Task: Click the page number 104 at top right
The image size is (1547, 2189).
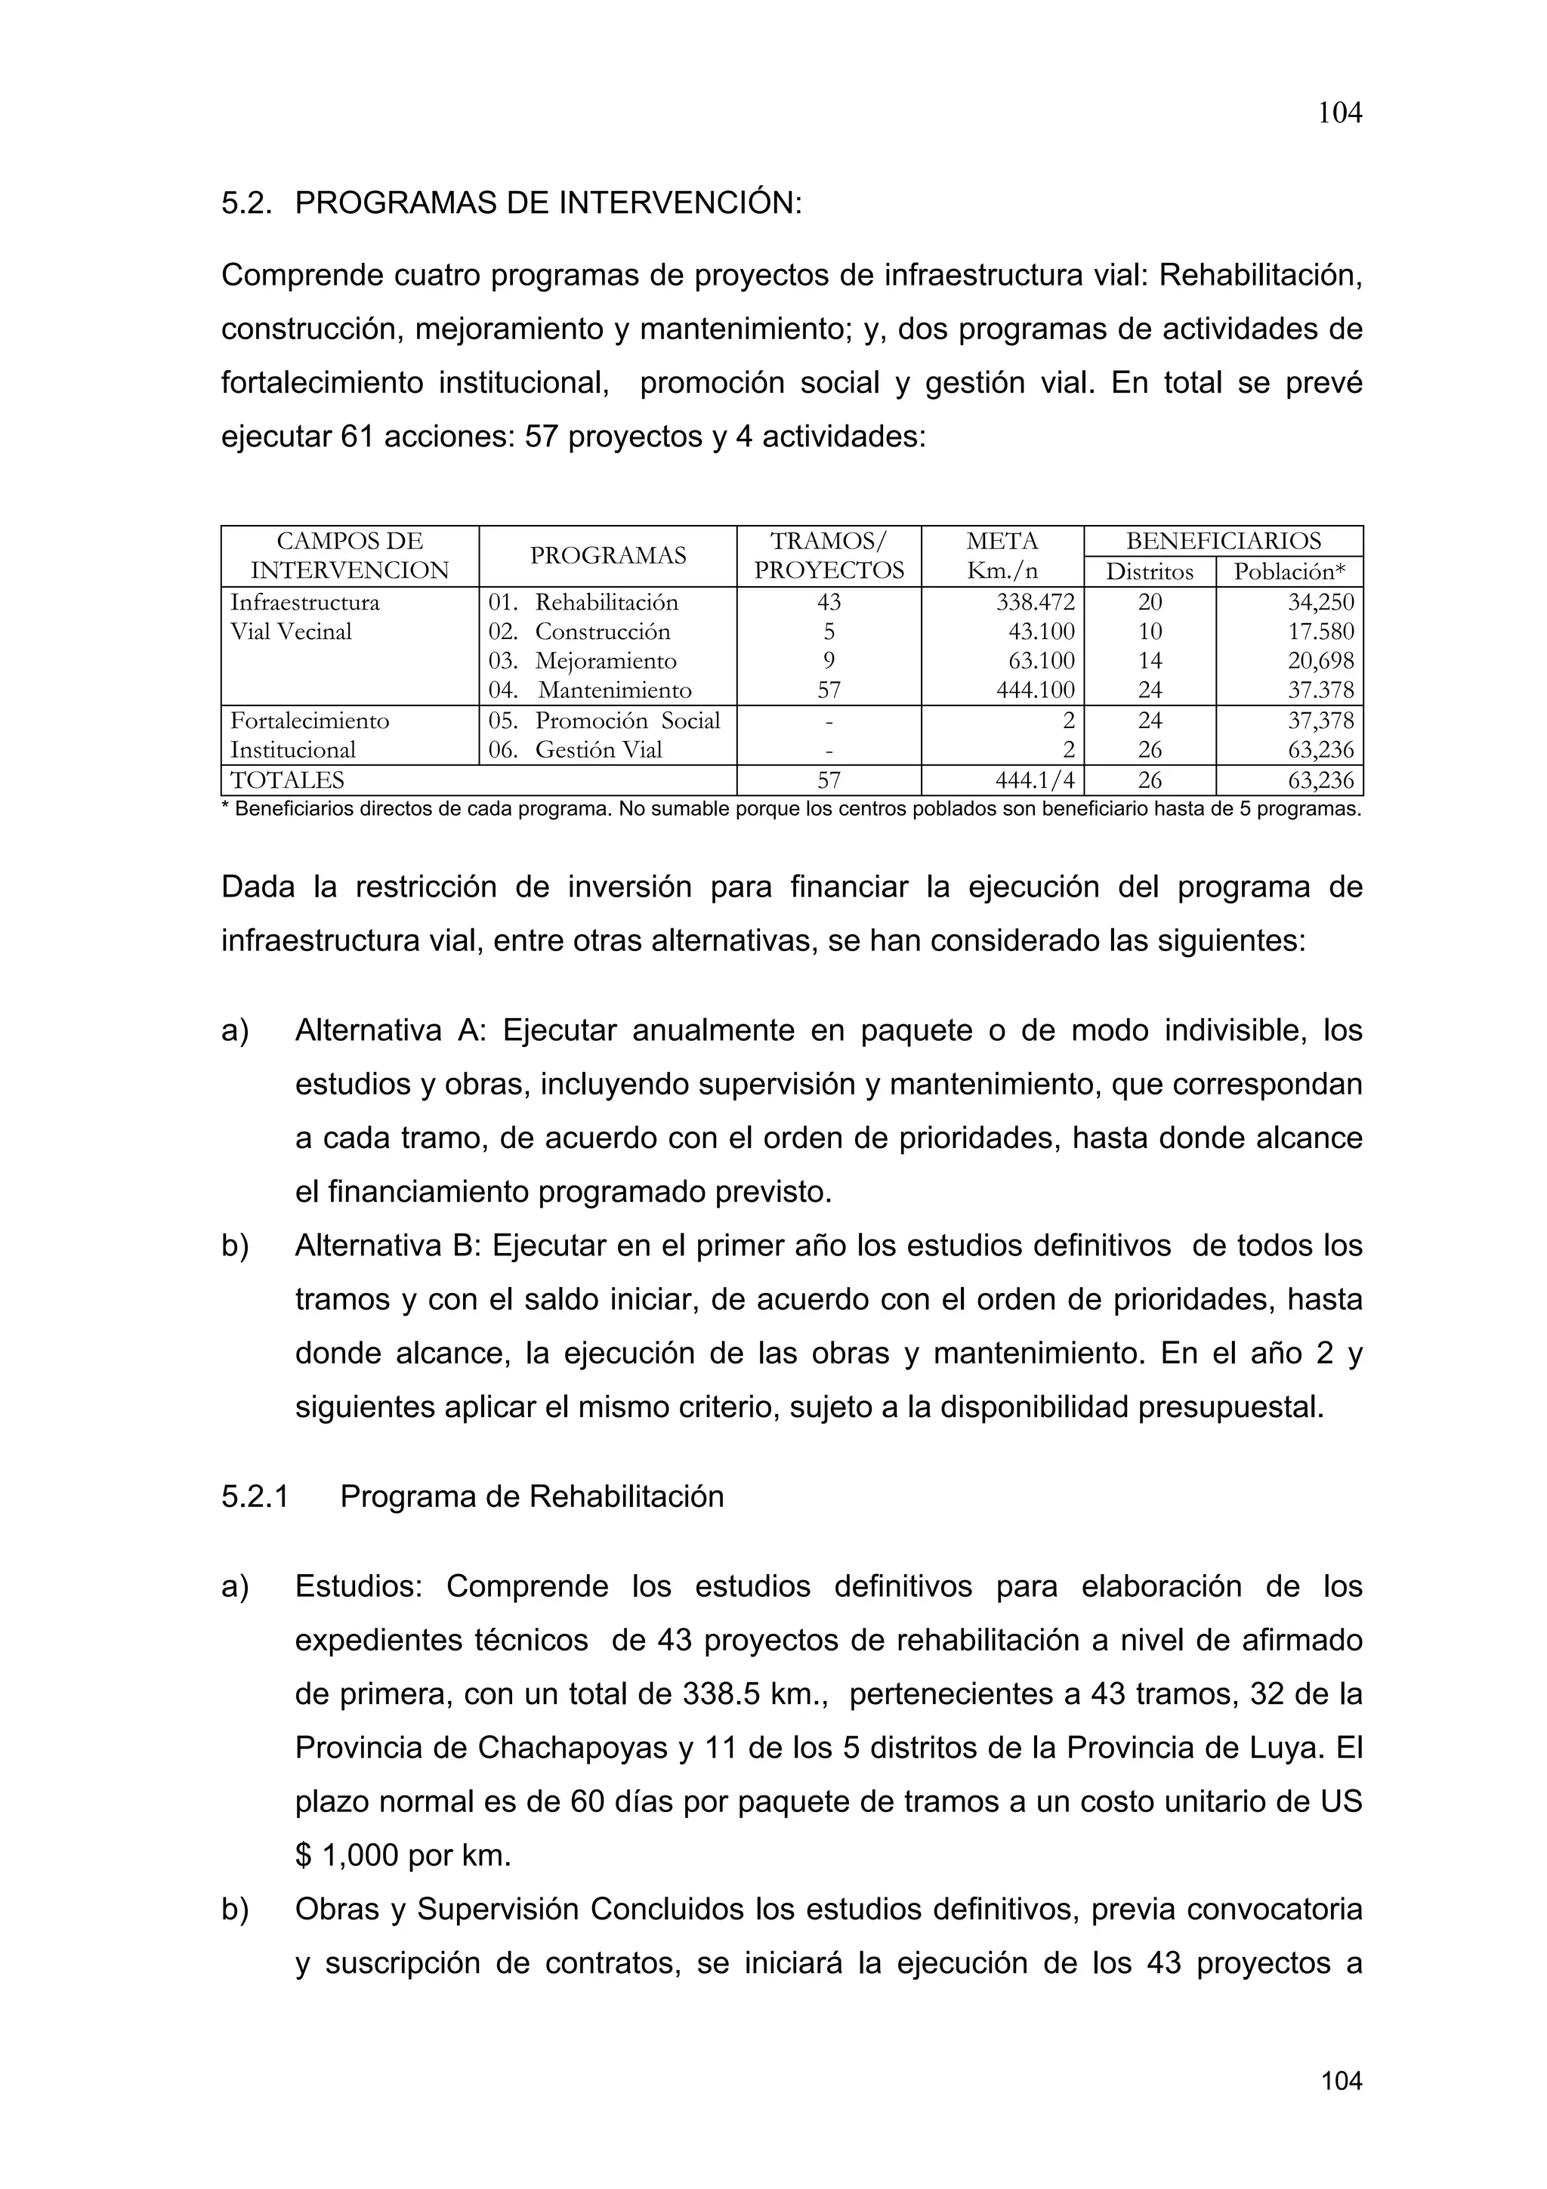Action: click(x=1339, y=113)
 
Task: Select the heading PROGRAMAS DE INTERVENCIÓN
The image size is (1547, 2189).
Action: click(x=548, y=203)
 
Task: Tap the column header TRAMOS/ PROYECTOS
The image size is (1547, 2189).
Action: click(x=829, y=556)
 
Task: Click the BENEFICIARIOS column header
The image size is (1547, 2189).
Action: click(x=1223, y=542)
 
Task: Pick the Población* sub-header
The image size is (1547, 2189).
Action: click(x=1289, y=572)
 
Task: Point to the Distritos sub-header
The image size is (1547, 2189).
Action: click(x=1150, y=572)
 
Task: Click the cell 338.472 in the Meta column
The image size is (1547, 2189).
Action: click(x=1035, y=603)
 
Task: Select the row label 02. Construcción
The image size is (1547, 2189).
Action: click(x=579, y=632)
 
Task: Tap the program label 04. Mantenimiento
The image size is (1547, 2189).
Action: click(x=590, y=690)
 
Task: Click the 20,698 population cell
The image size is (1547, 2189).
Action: click(x=1320, y=661)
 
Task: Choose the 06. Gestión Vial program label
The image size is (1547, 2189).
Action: click(x=575, y=750)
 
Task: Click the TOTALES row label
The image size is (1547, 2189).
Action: click(x=287, y=781)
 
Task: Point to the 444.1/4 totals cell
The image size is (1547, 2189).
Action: click(x=1035, y=781)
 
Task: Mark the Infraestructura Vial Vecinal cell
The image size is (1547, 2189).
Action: click(x=305, y=617)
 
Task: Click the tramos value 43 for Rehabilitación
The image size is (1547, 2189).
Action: click(x=829, y=603)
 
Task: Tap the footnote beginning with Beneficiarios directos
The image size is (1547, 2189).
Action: click(x=790, y=810)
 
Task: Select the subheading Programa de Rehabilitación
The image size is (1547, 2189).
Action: click(x=531, y=1497)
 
